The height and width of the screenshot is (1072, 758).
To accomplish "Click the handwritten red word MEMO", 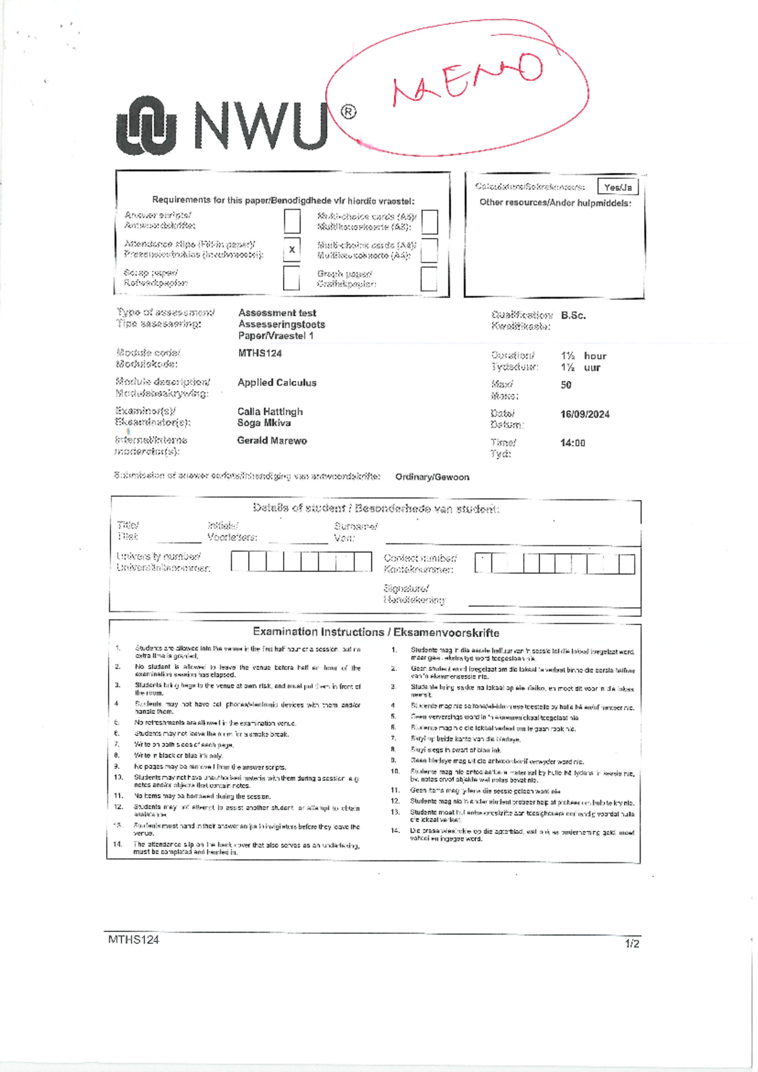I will [467, 78].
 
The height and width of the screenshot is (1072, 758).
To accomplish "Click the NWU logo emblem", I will [146, 126].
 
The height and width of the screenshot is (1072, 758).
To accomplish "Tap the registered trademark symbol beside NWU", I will [348, 112].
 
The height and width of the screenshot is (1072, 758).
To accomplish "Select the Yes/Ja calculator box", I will [617, 187].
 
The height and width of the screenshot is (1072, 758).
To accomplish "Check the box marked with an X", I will [292, 249].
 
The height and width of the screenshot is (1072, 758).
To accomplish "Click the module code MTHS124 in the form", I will [260, 354].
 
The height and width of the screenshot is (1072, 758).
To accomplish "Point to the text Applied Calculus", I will [277, 383].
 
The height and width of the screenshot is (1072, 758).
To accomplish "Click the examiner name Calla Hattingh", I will [270, 412].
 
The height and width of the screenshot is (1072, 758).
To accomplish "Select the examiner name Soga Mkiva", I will [263, 423].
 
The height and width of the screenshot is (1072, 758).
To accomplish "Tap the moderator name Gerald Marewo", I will [272, 441].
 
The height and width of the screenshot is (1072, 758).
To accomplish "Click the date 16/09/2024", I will [584, 415].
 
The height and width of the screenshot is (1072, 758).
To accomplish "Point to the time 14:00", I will [572, 443].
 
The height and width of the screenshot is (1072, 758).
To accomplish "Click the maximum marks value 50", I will [566, 385].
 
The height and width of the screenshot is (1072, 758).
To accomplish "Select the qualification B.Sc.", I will [573, 316].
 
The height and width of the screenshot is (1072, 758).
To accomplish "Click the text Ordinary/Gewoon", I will [432, 477].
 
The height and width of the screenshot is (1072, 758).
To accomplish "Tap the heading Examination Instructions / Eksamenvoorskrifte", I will [376, 632].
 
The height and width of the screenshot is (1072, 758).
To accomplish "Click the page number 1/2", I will [632, 944].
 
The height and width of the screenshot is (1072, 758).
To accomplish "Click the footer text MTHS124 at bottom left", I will [133, 939].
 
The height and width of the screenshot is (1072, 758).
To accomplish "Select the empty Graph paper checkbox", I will [429, 278].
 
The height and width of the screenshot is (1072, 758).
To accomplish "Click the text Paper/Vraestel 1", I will [275, 336].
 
